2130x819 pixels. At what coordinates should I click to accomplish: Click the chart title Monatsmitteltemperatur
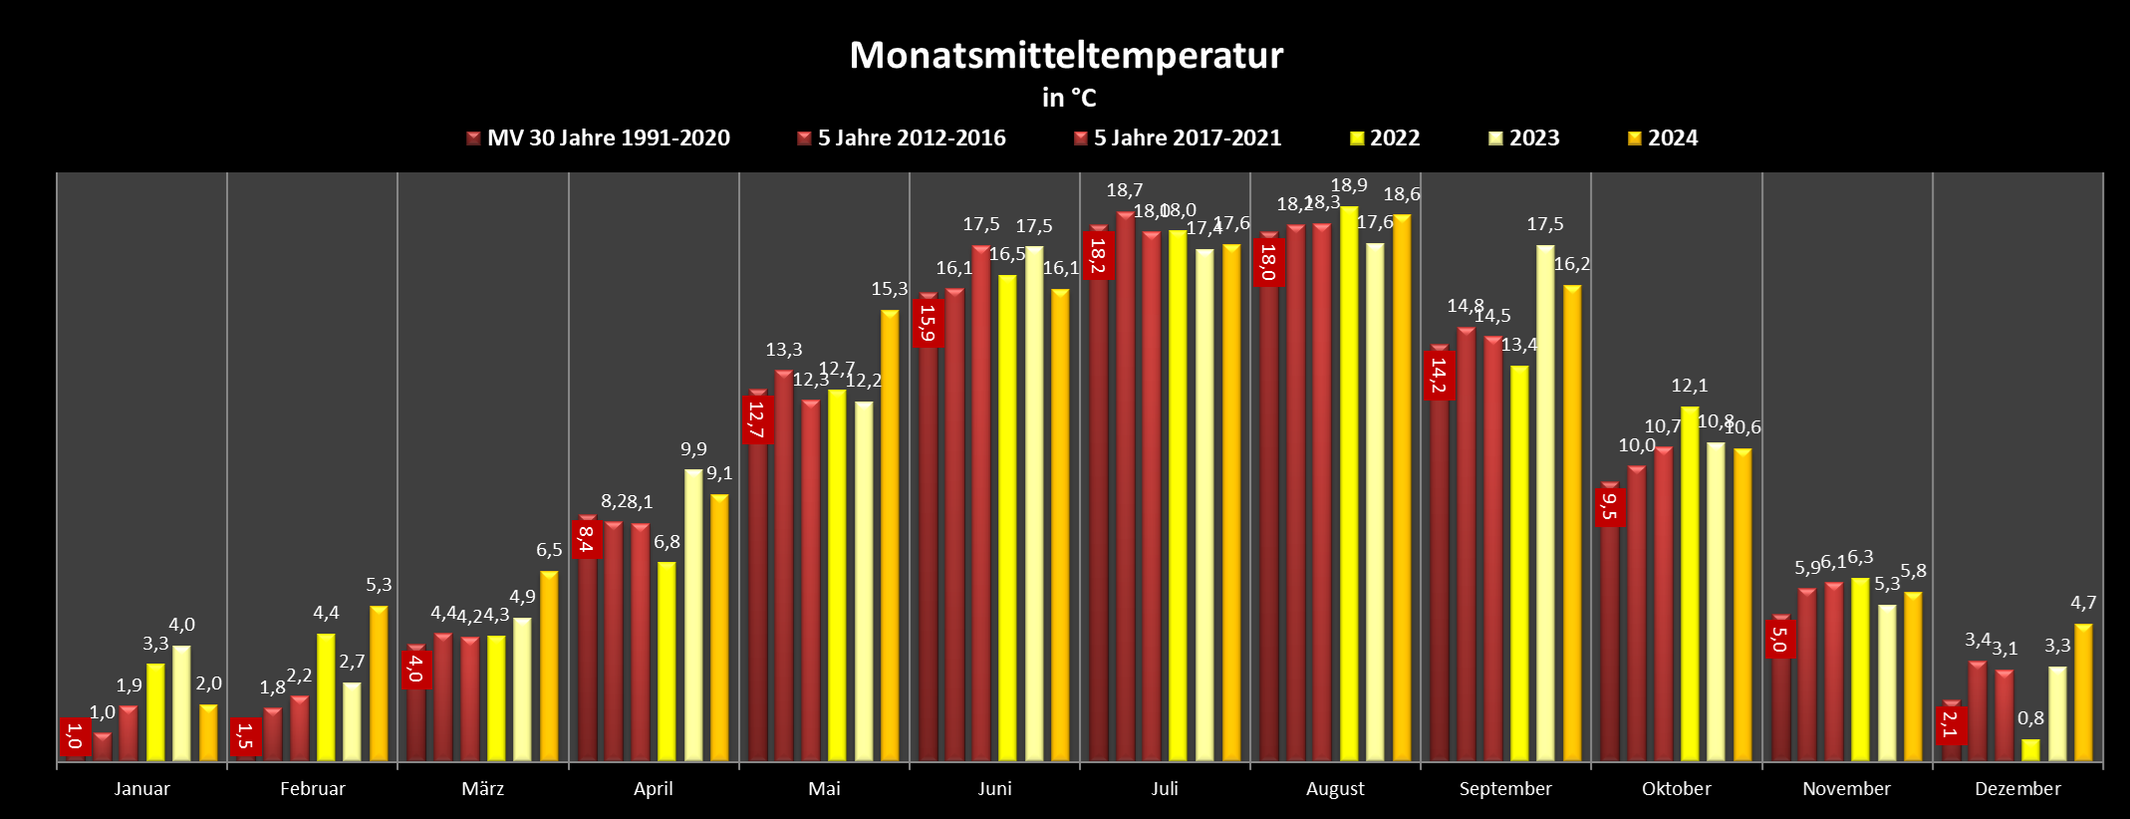pos(1066,56)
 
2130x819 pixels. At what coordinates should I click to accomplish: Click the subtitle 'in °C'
pos(1069,98)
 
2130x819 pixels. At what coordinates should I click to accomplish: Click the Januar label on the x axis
pos(141,789)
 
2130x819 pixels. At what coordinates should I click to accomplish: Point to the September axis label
pos(1505,789)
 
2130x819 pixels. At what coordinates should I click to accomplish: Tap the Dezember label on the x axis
pos(2017,789)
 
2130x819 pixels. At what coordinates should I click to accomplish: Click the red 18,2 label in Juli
pos(1098,255)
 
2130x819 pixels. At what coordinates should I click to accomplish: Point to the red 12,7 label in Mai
pos(756,419)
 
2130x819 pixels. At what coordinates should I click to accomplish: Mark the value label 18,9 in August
pos(1349,185)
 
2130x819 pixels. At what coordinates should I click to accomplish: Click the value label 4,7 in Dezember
pos(2083,603)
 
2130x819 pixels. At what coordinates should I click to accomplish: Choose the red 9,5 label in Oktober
pos(1609,506)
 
